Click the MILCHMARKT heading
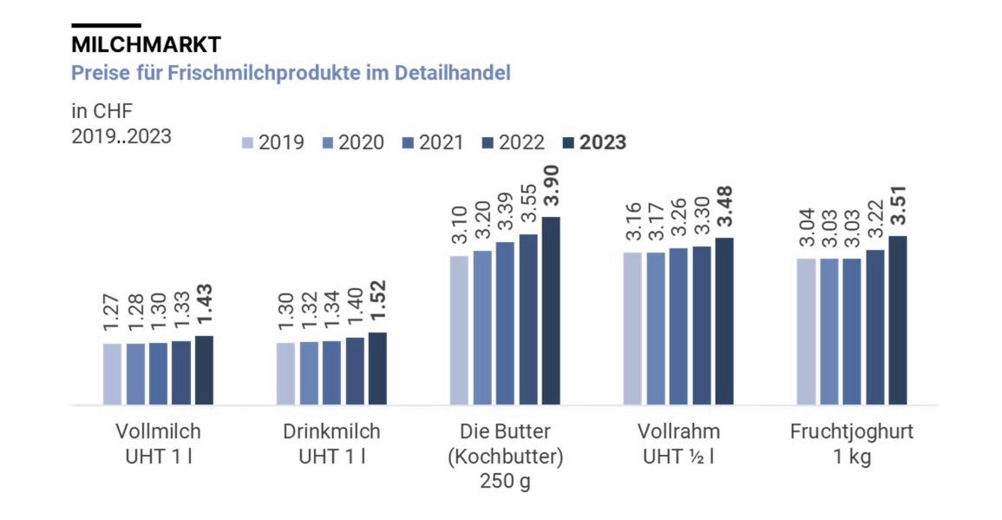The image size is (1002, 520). tap(146, 43)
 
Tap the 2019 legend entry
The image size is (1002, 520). tap(273, 142)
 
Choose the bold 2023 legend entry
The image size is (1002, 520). tap(594, 142)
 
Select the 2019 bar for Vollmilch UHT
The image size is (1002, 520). tap(113, 373)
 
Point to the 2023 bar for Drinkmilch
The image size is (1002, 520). tap(377, 368)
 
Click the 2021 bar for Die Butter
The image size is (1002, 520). tap(505, 323)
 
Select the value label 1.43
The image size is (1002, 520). tap(204, 306)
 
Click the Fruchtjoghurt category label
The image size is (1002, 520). tap(852, 431)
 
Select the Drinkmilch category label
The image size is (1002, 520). tap(331, 431)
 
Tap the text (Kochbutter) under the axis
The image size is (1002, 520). tap(505, 457)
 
